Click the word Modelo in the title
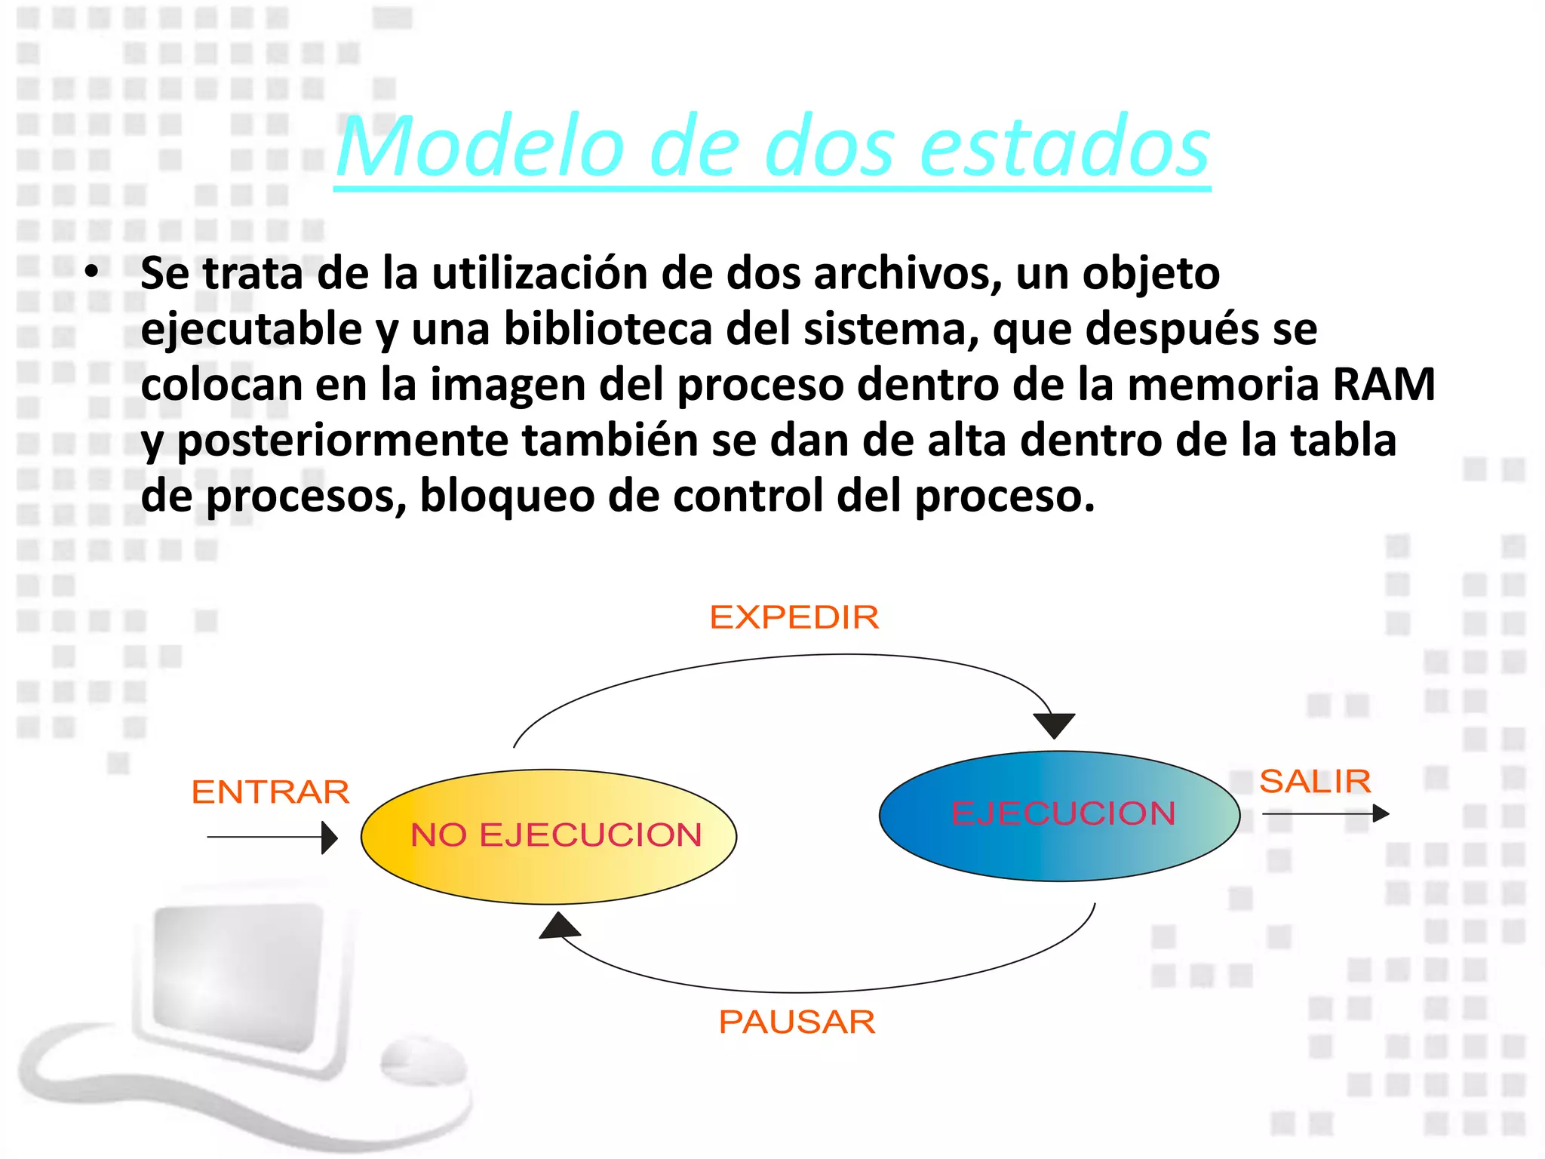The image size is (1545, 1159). click(480, 146)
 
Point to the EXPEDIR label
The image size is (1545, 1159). click(794, 617)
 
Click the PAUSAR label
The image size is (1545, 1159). click(797, 1022)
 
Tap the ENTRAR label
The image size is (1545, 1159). click(270, 792)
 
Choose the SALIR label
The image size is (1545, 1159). click(1315, 781)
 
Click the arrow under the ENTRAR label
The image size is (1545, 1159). click(272, 837)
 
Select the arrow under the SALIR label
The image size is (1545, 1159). click(1325, 813)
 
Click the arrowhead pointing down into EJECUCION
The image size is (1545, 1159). click(1054, 725)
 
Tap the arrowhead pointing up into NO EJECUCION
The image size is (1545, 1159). click(559, 926)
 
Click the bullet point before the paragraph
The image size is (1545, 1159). click(91, 273)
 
